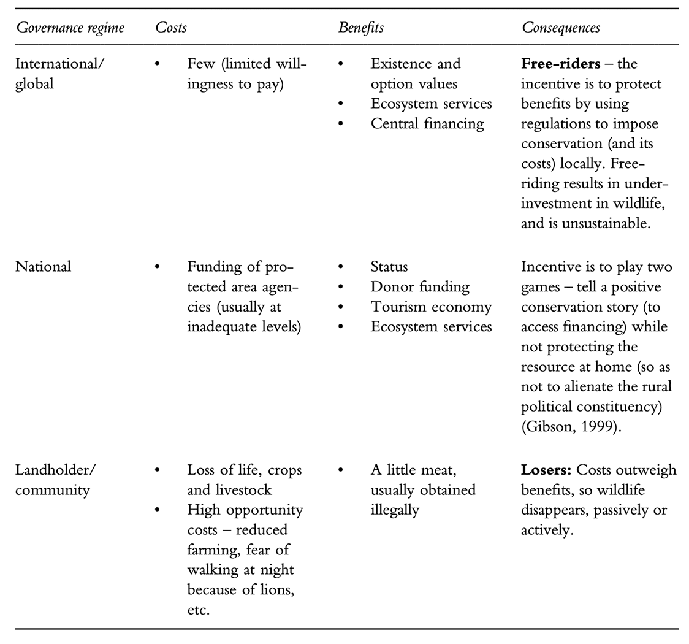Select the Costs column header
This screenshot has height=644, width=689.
pos(171,28)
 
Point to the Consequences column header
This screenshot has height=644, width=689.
pos(561,28)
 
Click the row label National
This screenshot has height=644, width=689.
pos(43,267)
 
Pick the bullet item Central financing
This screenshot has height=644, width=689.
pos(427,123)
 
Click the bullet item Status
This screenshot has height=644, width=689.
pos(389,267)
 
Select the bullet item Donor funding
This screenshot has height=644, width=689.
pos(419,286)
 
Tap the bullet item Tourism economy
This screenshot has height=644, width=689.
pos(430,307)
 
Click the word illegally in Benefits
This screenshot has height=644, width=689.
pos(395,510)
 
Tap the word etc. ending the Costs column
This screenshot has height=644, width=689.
pos(199,610)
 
